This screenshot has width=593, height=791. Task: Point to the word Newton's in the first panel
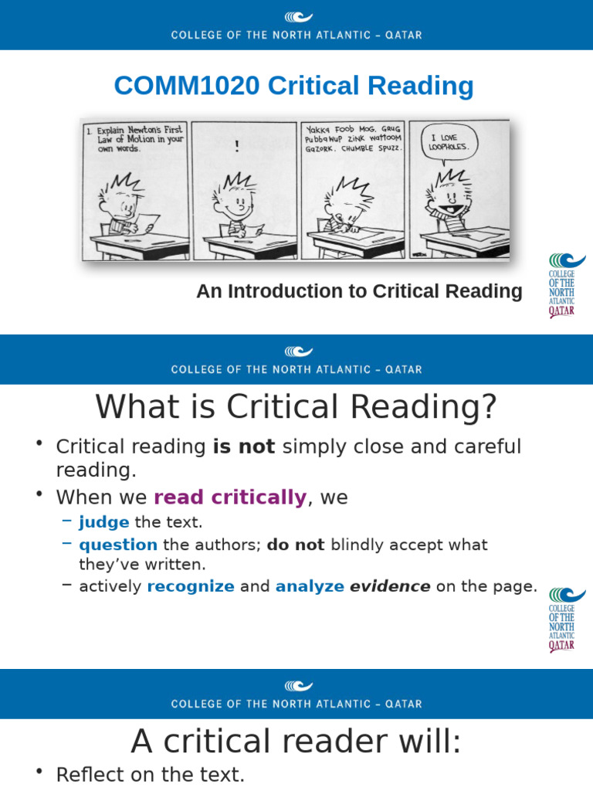pos(147,131)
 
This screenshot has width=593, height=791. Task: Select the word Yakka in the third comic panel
pos(320,129)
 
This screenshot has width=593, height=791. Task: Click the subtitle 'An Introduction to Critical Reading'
pos(359,291)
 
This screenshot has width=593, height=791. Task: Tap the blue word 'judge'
pos(104,522)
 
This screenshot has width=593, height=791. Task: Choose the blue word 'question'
pos(118,545)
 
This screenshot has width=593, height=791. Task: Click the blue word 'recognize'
pos(191,586)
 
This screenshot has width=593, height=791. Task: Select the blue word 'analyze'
pos(310,586)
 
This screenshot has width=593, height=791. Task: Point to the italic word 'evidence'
pos(390,586)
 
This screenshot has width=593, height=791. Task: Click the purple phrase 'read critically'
pos(230,497)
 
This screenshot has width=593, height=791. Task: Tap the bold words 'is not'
pos(244,446)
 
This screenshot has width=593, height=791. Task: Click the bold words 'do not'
pos(296,545)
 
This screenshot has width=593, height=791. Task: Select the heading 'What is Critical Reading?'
pos(296,407)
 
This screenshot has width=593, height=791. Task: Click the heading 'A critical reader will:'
pos(296,742)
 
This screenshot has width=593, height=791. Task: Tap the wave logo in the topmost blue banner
pos(298,17)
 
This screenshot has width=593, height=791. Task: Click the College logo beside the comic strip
pos(566,286)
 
